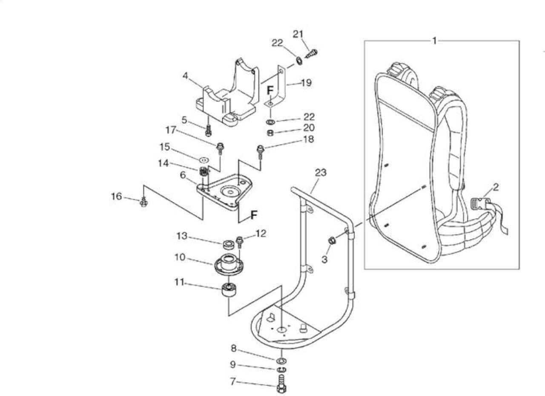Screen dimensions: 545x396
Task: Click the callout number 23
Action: (321, 173)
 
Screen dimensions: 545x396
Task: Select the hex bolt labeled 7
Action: (281, 385)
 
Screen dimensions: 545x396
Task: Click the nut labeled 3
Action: (332, 241)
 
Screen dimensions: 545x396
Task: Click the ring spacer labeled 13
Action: (229, 245)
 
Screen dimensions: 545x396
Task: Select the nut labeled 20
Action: (270, 133)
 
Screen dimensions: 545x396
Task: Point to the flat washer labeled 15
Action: (204, 160)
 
